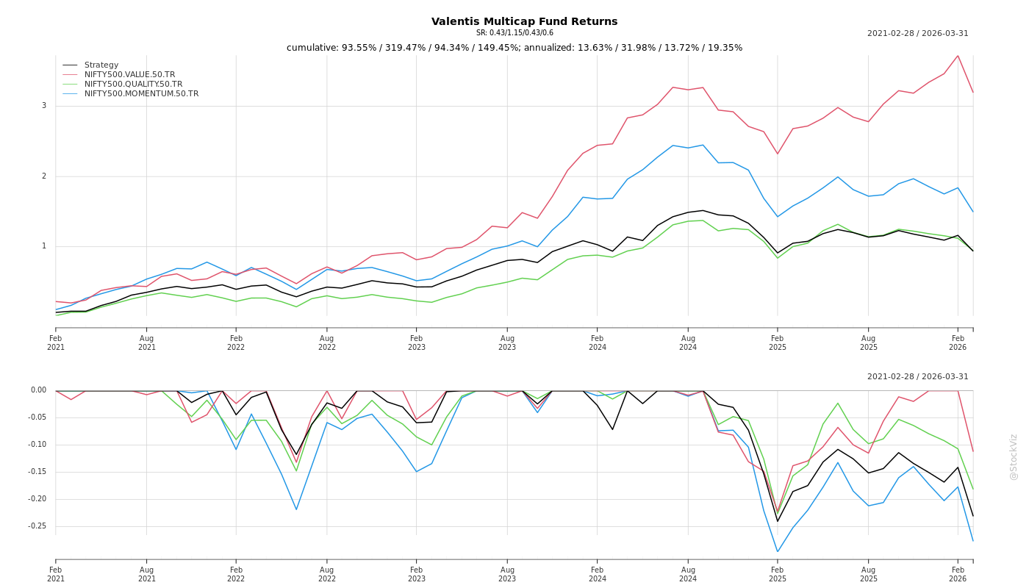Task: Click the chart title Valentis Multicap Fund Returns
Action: tap(524, 22)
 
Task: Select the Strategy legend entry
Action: tap(101, 65)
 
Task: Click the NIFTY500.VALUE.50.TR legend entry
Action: tap(129, 75)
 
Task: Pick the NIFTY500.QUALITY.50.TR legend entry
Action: tap(133, 85)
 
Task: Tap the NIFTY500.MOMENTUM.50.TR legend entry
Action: tap(141, 94)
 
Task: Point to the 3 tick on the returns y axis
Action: tap(44, 106)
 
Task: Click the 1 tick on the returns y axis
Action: tap(44, 246)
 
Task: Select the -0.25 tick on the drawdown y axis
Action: tap(37, 526)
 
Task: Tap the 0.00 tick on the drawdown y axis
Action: tap(39, 390)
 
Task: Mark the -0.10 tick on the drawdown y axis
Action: tap(37, 445)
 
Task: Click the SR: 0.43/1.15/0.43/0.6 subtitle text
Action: tap(514, 33)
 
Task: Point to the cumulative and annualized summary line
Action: tap(514, 48)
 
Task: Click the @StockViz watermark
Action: tap(1014, 456)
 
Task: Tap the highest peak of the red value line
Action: tap(958, 56)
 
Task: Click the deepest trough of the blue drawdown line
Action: tap(777, 551)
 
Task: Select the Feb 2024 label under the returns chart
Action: tap(598, 343)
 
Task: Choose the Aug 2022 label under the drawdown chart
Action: tap(327, 574)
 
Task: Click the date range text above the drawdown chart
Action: tap(917, 377)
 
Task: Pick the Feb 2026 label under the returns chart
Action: tap(958, 343)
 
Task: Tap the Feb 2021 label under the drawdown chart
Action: tap(56, 574)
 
